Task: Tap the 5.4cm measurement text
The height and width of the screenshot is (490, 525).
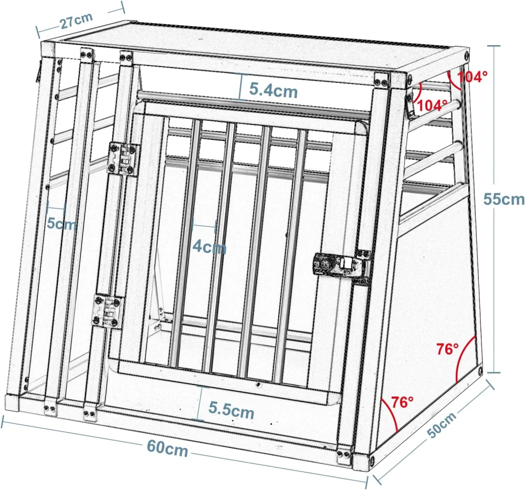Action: point(273,90)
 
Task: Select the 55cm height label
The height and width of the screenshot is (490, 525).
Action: point(503,199)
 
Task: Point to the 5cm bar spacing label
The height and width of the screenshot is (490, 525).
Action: point(62,223)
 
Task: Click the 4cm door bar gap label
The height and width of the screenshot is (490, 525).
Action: point(209,246)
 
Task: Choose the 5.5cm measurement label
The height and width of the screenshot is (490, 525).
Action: point(232,410)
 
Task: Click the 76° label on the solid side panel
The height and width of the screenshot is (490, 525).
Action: point(447,348)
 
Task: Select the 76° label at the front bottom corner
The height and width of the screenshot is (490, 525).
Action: point(403,402)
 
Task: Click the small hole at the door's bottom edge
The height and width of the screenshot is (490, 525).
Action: point(258,385)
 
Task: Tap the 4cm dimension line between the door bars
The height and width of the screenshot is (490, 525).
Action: point(204,226)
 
